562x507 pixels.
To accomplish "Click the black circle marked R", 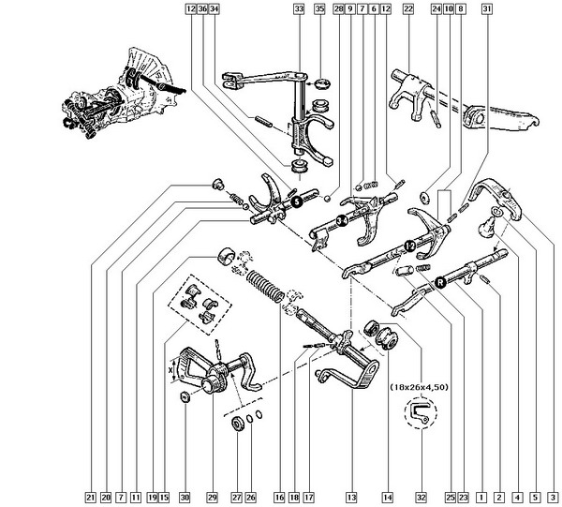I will (x=439, y=278).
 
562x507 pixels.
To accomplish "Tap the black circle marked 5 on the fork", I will (x=293, y=201).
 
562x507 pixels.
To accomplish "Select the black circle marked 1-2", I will (x=409, y=245).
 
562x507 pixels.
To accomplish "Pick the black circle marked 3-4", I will (x=343, y=221).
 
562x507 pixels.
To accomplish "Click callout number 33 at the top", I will (x=299, y=9).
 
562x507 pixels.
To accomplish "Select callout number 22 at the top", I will (x=408, y=9).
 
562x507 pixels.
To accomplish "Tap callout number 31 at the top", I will (x=486, y=9).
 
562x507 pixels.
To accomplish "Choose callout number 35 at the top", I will (x=319, y=9).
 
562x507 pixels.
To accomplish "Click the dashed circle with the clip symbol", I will (x=420, y=413).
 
